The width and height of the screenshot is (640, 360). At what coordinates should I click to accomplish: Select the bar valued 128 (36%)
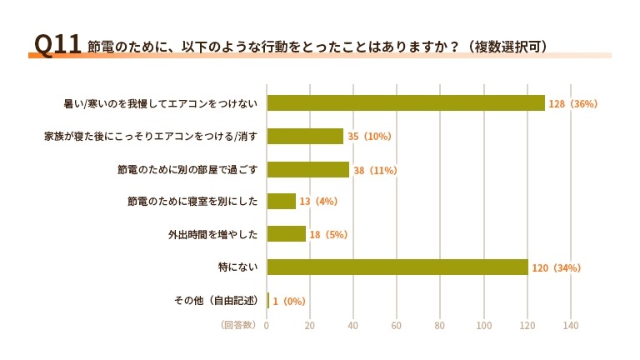pyautogui.click(x=405, y=103)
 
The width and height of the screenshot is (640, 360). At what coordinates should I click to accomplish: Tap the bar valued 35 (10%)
pyautogui.click(x=305, y=136)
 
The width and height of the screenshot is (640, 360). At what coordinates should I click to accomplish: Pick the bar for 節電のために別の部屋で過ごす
pyautogui.click(x=307, y=169)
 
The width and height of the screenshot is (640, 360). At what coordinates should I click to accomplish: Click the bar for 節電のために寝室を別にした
pyautogui.click(x=281, y=202)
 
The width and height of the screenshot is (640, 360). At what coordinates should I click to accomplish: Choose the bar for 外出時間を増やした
pyautogui.click(x=286, y=234)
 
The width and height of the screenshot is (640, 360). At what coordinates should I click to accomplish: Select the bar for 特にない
pyautogui.click(x=397, y=267)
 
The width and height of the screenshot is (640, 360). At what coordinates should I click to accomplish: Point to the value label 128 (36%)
pyautogui.click(x=574, y=104)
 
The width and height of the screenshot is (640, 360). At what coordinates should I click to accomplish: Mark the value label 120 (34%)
pyautogui.click(x=557, y=268)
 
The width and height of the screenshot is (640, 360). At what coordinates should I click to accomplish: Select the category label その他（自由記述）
pyautogui.click(x=216, y=300)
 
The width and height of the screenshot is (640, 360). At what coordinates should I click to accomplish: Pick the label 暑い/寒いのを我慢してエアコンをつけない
pyautogui.click(x=161, y=103)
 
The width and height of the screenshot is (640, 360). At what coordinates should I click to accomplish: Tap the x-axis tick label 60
pyautogui.click(x=397, y=325)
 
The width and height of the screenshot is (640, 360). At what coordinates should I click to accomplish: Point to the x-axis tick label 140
pyautogui.click(x=571, y=325)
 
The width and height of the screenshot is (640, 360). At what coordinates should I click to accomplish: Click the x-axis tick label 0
pyautogui.click(x=267, y=325)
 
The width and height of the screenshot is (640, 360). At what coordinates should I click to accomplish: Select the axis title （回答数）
pyautogui.click(x=239, y=325)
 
